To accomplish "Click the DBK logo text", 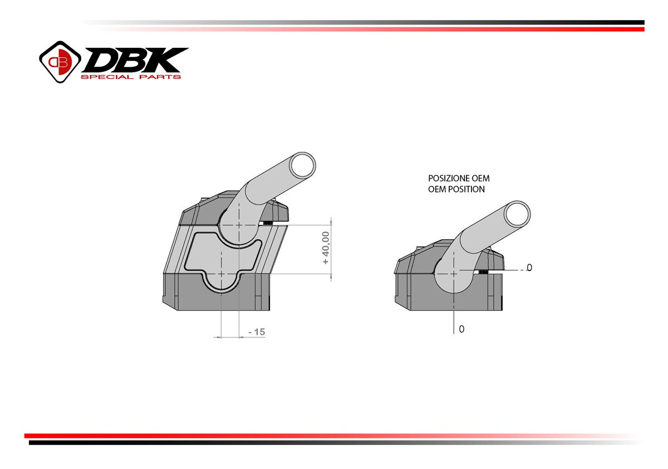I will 135,60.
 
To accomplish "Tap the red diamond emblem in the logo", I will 60,62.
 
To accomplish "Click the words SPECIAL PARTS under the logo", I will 131,77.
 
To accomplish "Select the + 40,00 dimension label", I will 326,248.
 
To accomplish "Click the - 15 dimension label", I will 257,332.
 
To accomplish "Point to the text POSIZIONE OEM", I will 459,179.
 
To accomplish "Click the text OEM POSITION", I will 456,189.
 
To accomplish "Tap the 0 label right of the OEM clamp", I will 529,268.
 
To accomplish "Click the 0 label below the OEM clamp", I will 461,329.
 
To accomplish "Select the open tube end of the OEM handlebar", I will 517,213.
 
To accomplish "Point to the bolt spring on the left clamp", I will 268,224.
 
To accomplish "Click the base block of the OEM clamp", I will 417,292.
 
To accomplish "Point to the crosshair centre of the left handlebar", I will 239,225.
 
